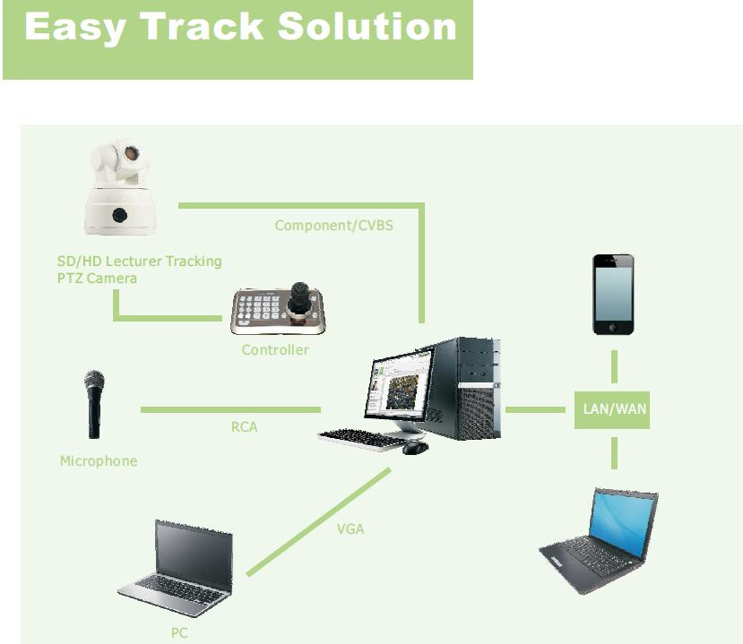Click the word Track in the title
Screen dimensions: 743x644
pyautogui.click(x=202, y=27)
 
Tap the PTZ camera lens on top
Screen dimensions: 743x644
pyautogui.click(x=131, y=153)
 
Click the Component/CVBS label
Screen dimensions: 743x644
pyautogui.click(x=334, y=226)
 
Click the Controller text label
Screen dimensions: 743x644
pyautogui.click(x=275, y=350)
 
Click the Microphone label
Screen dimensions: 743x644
pyautogui.click(x=99, y=460)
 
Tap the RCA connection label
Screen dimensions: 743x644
pyautogui.click(x=244, y=427)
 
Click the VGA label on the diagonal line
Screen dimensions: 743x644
pyautogui.click(x=350, y=529)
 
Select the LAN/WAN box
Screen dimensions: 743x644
pyautogui.click(x=612, y=409)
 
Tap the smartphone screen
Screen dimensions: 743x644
pyautogui.click(x=613, y=294)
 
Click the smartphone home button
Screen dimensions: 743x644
pyautogui.click(x=613, y=327)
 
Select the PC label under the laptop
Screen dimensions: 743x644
pyautogui.click(x=179, y=632)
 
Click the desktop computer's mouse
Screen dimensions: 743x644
pyautogui.click(x=415, y=447)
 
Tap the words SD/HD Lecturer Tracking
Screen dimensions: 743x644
pyautogui.click(x=139, y=262)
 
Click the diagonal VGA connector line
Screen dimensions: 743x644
pyautogui.click(x=319, y=522)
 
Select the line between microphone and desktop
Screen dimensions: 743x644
pyautogui.click(x=230, y=409)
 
